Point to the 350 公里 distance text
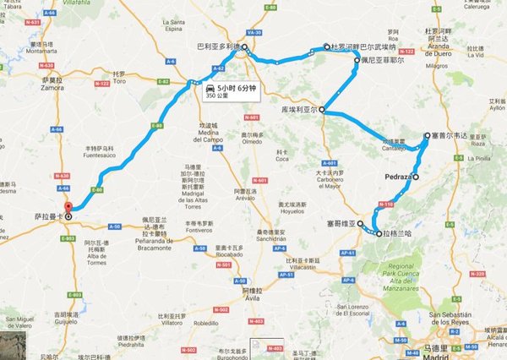[228, 95]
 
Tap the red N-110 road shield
[386, 204]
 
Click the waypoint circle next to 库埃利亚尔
[323, 120]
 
